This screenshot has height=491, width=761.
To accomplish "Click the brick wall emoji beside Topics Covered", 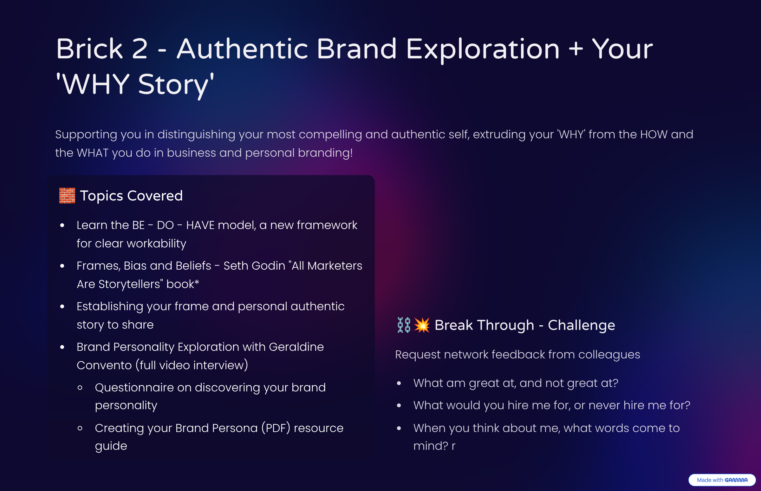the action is (x=67, y=195).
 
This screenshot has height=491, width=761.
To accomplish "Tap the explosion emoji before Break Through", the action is (x=422, y=325).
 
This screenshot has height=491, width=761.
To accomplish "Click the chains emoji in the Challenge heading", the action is (x=404, y=325).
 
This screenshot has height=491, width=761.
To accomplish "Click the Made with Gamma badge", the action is (x=722, y=480).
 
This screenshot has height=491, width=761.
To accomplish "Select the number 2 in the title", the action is (x=140, y=49).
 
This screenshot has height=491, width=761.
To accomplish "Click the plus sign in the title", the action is (x=576, y=49).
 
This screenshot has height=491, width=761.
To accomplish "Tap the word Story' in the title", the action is (x=176, y=84).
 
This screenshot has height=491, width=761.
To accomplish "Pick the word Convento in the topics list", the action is (x=104, y=365).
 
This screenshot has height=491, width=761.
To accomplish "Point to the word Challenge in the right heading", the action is (x=581, y=325).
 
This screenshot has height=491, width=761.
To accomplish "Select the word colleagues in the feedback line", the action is (x=609, y=355).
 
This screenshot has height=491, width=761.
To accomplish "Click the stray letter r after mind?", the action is (x=453, y=446).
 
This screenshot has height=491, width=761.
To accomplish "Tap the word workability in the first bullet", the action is (x=156, y=244).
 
